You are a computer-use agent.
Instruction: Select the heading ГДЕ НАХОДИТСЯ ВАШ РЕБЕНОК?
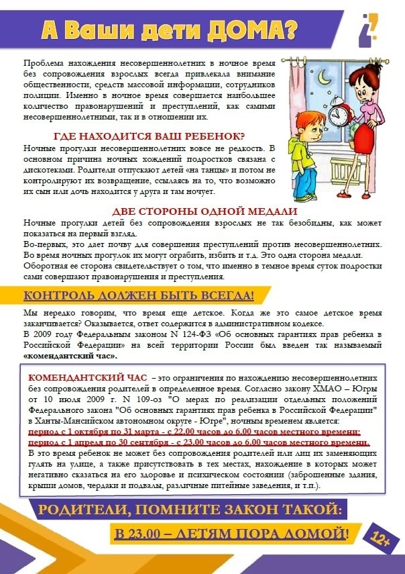pos(149,135)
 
